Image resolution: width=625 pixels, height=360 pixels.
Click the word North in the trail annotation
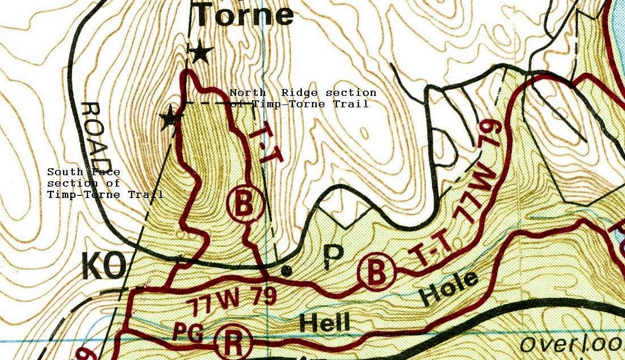pos(248,93)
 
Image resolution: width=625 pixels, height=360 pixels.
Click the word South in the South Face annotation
pos(65,172)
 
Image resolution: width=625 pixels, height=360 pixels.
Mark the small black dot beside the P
pos(285,271)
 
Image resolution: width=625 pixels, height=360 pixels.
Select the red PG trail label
pos(189,333)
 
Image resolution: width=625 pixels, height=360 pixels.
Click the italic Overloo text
pos(571,344)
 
